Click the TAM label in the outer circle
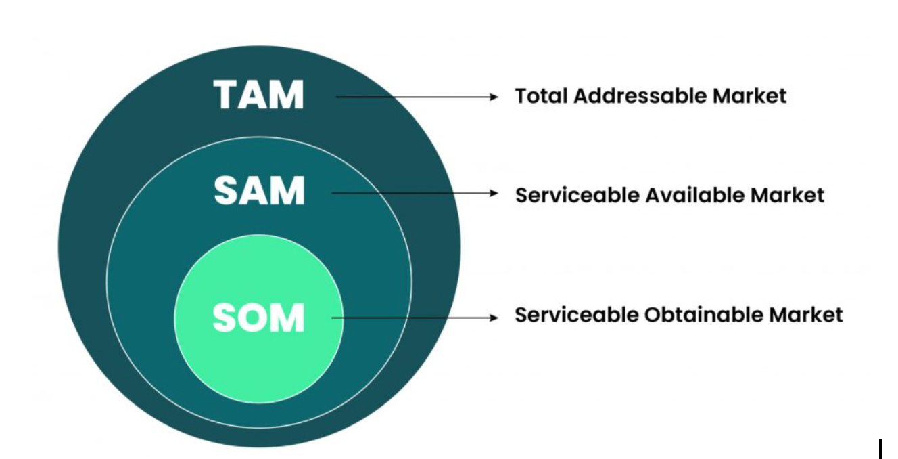pyautogui.click(x=259, y=95)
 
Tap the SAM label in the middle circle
pyautogui.click(x=259, y=192)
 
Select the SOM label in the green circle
pyautogui.click(x=259, y=318)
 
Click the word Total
pyautogui.click(x=541, y=96)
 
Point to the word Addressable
pyautogui.click(x=632, y=96)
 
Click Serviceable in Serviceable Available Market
pyautogui.click(x=574, y=196)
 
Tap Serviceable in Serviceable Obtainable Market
pyautogui.click(x=574, y=315)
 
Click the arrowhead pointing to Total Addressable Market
pyautogui.click(x=494, y=97)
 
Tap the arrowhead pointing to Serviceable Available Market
pyautogui.click(x=494, y=193)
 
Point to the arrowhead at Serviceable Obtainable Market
pyautogui.click(x=494, y=318)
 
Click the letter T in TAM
pyautogui.click(x=227, y=95)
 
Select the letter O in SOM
pyautogui.click(x=258, y=318)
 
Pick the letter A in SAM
pyautogui.click(x=258, y=192)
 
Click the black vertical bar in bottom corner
pyautogui.click(x=880, y=449)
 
